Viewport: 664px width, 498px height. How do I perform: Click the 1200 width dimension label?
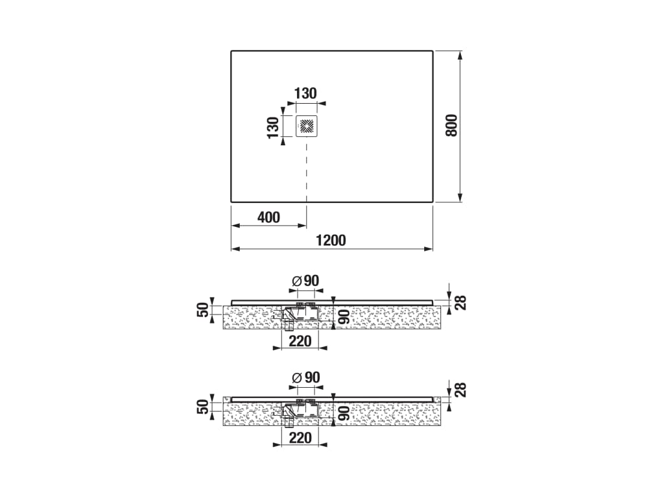pyautogui.click(x=331, y=240)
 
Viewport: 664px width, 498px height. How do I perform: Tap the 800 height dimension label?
pyautogui.click(x=452, y=125)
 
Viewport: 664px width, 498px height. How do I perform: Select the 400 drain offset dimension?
pyautogui.click(x=269, y=217)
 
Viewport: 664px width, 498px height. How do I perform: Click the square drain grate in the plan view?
pyautogui.click(x=307, y=126)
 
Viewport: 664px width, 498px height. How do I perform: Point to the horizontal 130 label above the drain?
pyautogui.click(x=305, y=93)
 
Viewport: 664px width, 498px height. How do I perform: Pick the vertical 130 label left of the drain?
pyautogui.click(x=273, y=128)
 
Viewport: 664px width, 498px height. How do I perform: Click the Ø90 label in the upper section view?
pyautogui.click(x=306, y=281)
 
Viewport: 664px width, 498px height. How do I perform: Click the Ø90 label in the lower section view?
pyautogui.click(x=306, y=377)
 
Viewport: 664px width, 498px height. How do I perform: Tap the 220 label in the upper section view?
pyautogui.click(x=300, y=341)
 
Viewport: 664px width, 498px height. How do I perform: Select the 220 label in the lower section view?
pyautogui.click(x=300, y=438)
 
